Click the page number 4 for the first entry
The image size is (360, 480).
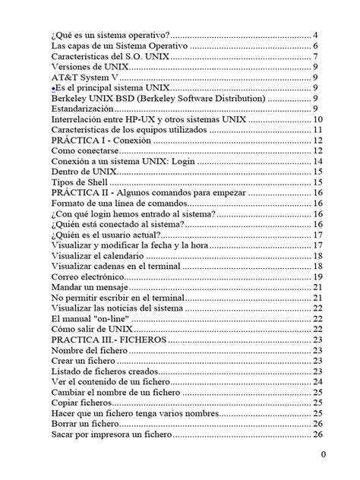pyautogui.click(x=315, y=36)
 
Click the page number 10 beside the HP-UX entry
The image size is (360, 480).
pyautogui.click(x=317, y=120)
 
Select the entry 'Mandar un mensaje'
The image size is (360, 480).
pyautogui.click(x=90, y=287)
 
